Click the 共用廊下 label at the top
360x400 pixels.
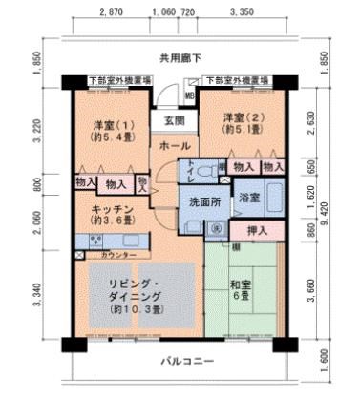181,58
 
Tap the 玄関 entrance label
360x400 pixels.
173,121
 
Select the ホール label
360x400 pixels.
174,146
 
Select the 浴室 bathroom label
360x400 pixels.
249,197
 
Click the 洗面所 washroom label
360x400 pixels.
200,202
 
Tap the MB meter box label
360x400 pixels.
189,95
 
